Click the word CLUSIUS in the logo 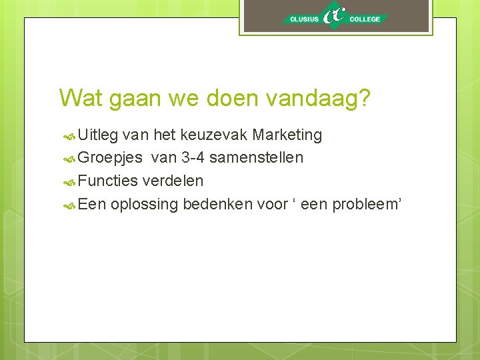point(304,19)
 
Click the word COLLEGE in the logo point(365,19)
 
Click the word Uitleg point(98,135)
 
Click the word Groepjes point(110,158)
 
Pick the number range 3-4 point(193,158)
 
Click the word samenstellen point(256,158)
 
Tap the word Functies point(107,181)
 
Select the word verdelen point(173,181)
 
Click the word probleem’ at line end point(368,204)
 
